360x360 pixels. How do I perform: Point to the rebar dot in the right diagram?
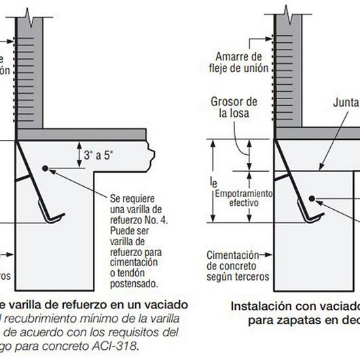pos(312,198)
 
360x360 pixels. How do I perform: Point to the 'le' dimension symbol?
pos(214,182)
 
